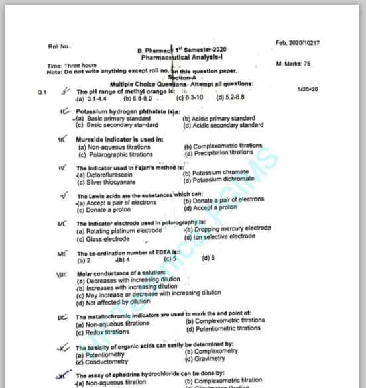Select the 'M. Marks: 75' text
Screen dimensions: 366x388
coord(292,64)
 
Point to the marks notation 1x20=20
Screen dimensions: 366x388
coord(308,89)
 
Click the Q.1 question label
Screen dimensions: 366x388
coord(42,92)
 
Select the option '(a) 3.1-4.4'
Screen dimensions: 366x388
coord(90,98)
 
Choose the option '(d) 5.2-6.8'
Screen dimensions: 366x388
coord(231,98)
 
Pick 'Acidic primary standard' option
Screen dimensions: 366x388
coord(213,119)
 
